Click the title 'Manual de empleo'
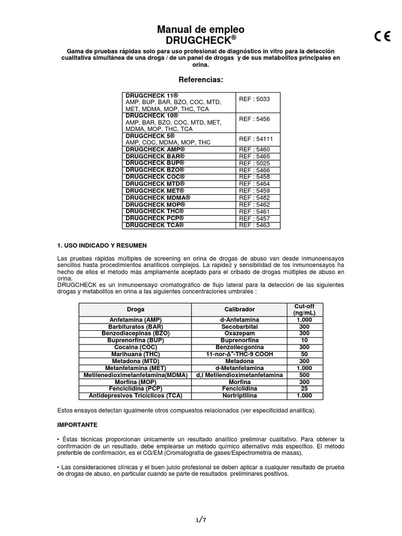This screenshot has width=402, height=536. [201, 29]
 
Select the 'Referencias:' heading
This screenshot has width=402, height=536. [201, 80]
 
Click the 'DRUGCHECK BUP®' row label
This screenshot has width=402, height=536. [155, 163]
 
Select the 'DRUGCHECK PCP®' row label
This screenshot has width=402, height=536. [155, 218]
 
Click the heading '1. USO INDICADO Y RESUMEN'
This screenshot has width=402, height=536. [102, 245]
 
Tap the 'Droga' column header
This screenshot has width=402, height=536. [136, 309]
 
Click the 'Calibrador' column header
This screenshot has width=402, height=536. [240, 309]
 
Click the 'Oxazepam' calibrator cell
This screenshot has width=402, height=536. [240, 333]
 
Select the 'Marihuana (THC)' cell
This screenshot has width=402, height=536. [136, 354]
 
